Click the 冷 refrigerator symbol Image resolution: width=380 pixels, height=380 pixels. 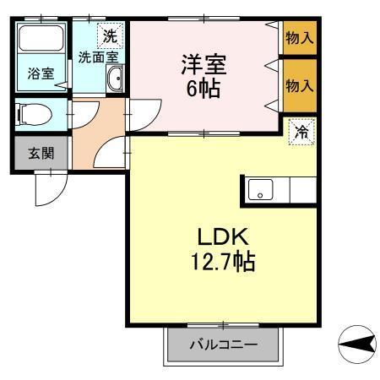point(302,133)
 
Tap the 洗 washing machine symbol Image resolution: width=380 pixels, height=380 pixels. point(110,36)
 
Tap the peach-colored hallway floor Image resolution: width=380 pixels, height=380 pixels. point(93,135)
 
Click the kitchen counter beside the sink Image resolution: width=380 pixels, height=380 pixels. point(300,191)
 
